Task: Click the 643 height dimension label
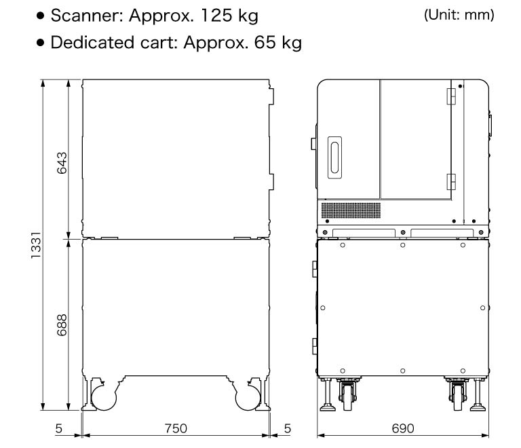click(x=62, y=162)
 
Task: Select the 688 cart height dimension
click(x=62, y=324)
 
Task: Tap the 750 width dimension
click(x=176, y=429)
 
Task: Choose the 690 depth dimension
click(x=404, y=429)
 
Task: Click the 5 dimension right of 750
click(x=288, y=429)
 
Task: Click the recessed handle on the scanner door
click(x=334, y=157)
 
